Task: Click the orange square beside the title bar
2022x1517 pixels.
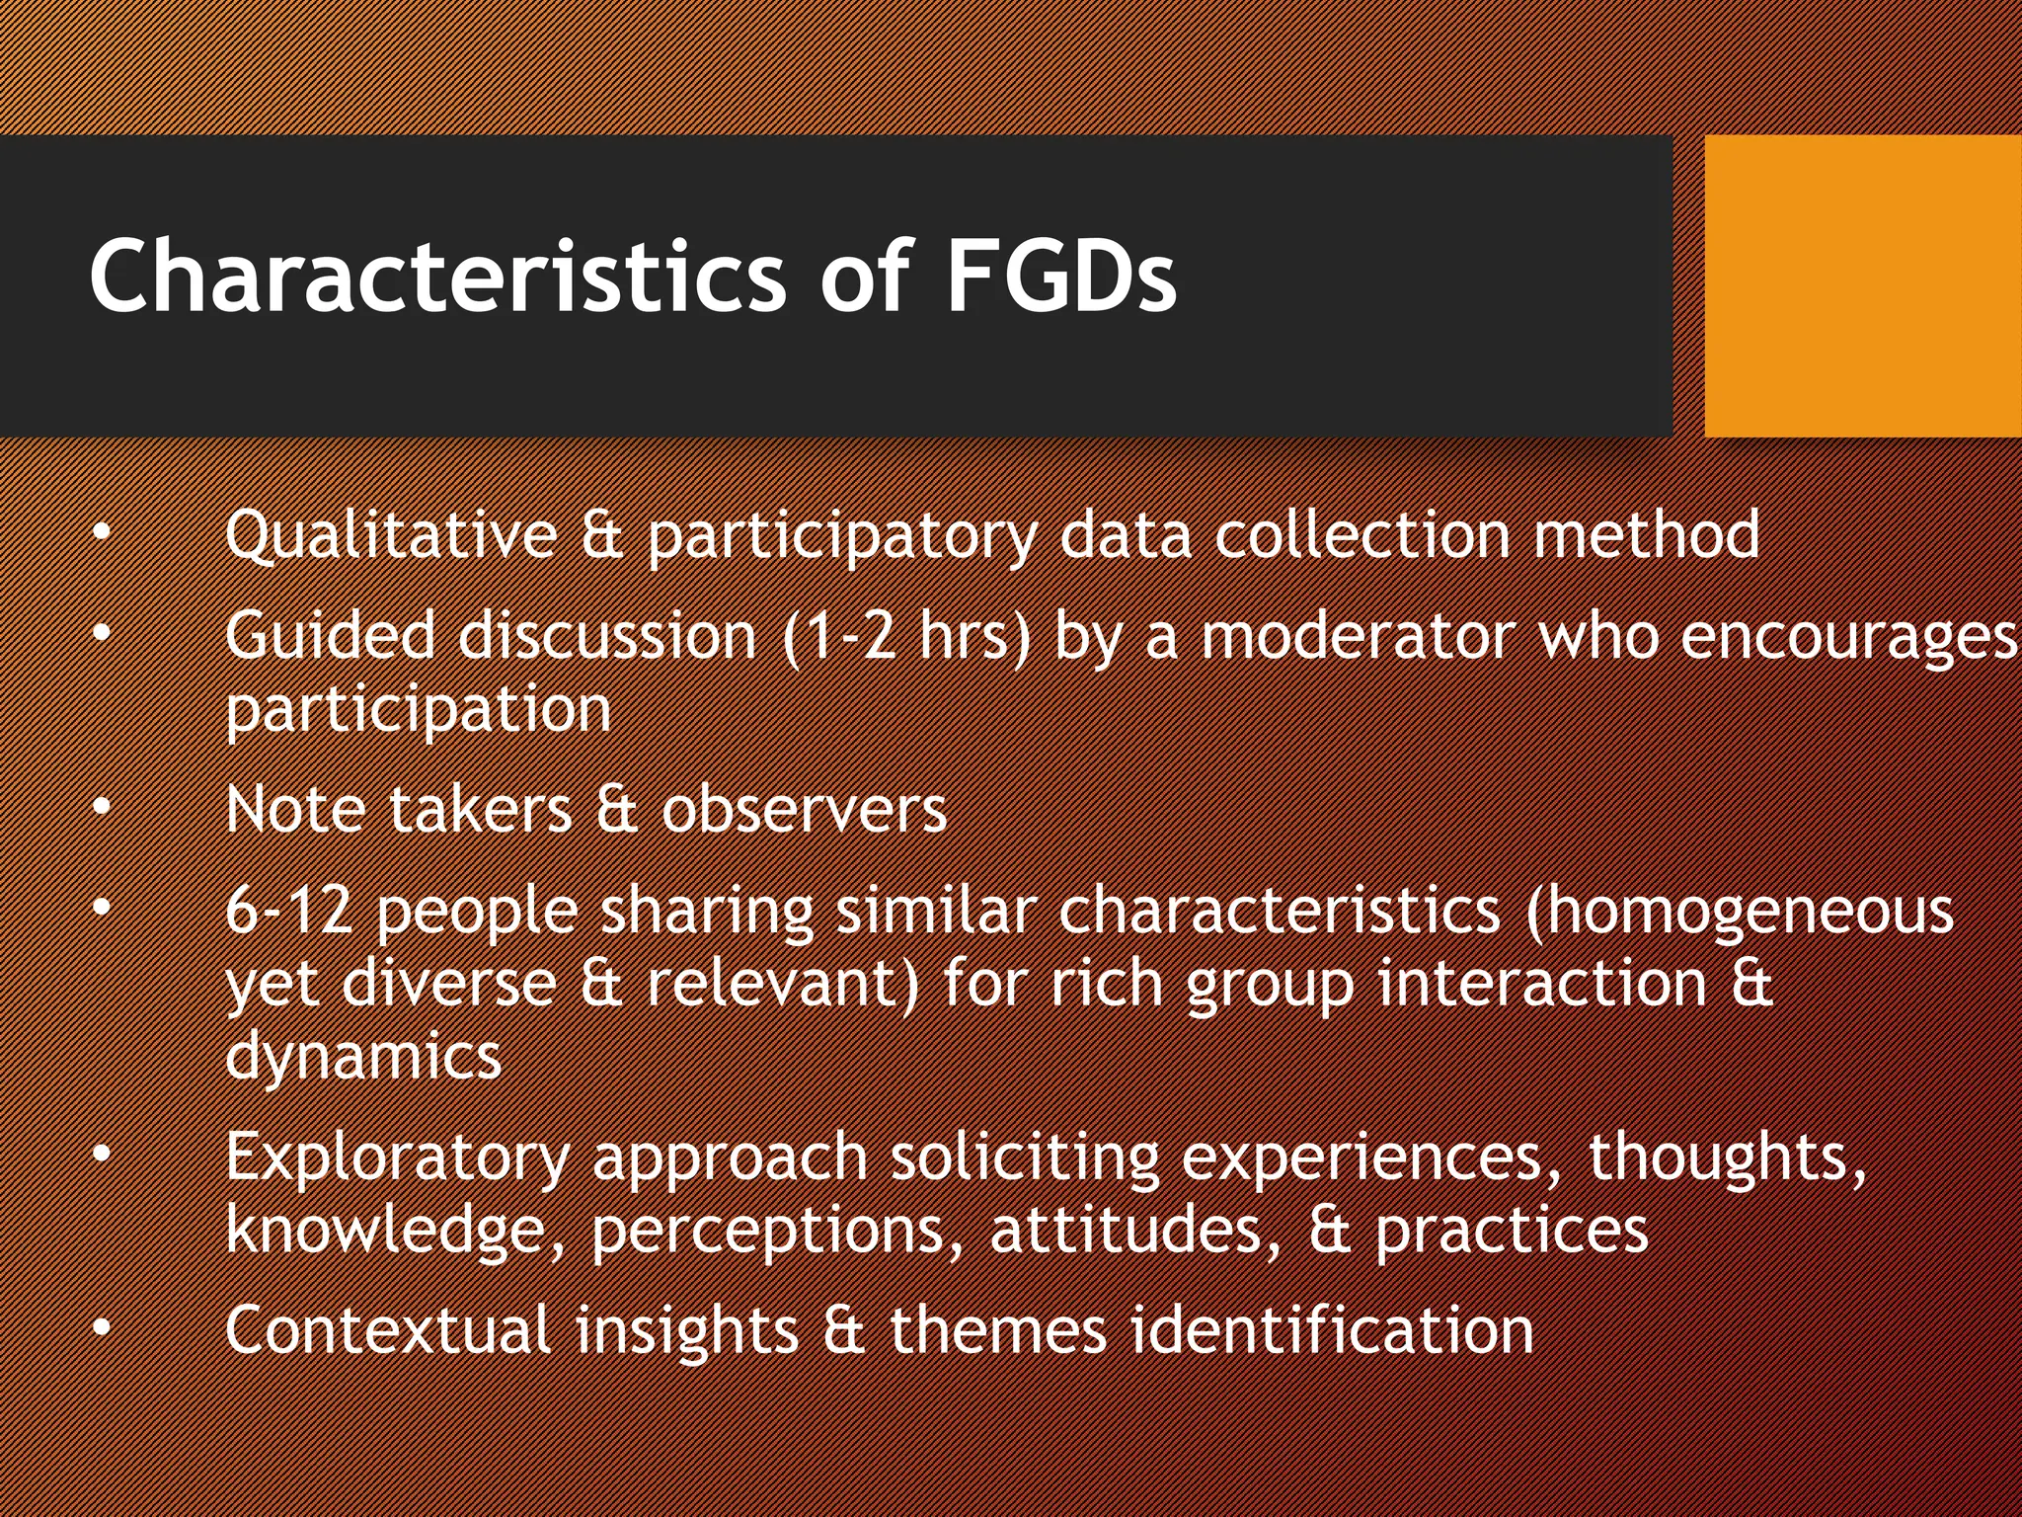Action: (1862, 285)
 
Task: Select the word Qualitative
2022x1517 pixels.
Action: (391, 536)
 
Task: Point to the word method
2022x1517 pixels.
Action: (1646, 534)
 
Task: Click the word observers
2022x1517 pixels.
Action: (804, 810)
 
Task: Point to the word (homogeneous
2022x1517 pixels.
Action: (1739, 912)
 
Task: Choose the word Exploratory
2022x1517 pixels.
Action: (398, 1158)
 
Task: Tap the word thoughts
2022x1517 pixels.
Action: (1727, 1158)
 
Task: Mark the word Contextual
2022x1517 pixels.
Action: (387, 1329)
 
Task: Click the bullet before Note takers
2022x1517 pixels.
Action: (102, 808)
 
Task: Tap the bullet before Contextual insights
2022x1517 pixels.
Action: (102, 1329)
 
